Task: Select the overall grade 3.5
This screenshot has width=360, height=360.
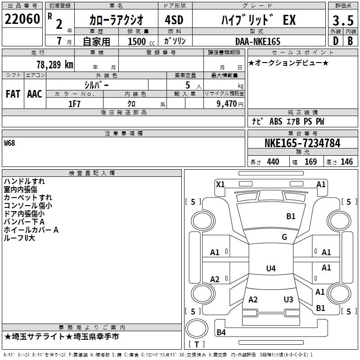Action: pos(342,21)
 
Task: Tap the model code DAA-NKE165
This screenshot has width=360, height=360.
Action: pos(258,41)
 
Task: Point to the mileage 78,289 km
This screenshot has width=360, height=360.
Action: pos(54,64)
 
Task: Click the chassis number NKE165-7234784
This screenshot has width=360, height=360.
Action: pos(302,144)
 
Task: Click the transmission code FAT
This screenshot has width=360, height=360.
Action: pos(13,94)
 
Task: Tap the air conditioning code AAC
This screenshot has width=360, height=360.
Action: pos(35,94)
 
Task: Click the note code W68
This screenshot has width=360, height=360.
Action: pos(9,143)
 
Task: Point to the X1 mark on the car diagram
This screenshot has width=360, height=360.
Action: pos(220,184)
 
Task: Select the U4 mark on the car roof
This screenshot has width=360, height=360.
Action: pos(270,269)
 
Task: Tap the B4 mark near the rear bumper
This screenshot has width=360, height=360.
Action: pos(221,333)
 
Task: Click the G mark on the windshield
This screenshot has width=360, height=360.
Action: pos(284,237)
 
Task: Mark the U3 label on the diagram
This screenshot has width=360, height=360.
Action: pos(288,300)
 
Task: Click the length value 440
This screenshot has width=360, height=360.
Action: pos(273,162)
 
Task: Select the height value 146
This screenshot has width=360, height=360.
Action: pos(346,162)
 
